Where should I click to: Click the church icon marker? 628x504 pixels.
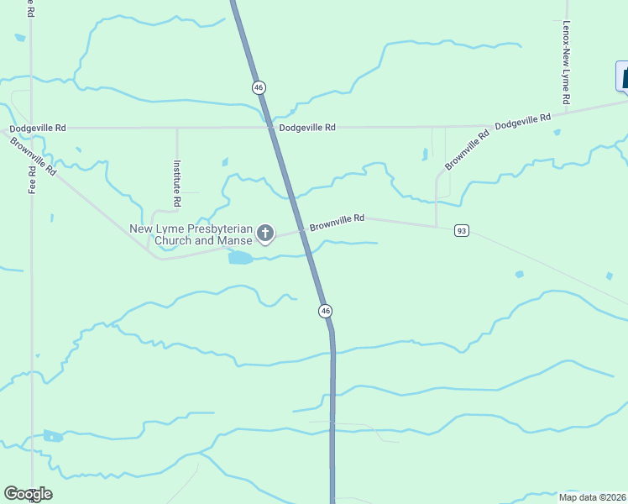265,234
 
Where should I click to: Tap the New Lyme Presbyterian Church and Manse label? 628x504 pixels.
191,234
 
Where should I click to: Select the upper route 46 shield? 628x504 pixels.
259,87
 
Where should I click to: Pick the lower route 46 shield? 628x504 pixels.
325,312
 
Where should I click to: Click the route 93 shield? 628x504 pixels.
460,230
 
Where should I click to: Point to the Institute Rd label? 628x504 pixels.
177,184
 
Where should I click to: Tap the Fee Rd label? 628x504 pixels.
32,179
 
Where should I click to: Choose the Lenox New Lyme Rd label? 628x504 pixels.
567,63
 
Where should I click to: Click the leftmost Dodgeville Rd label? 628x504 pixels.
38,128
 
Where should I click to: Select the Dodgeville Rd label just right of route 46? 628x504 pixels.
307,128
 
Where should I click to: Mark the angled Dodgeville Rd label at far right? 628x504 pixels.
522,121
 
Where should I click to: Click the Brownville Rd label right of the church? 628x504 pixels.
337,223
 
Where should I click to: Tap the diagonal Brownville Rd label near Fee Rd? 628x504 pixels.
34,155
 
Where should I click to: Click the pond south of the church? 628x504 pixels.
240,258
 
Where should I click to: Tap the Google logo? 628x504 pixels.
28,494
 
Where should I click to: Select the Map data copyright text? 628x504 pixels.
593,496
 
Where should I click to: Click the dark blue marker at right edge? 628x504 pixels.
622,76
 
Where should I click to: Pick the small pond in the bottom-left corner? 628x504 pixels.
53,436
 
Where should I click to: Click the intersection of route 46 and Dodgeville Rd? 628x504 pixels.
270,128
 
